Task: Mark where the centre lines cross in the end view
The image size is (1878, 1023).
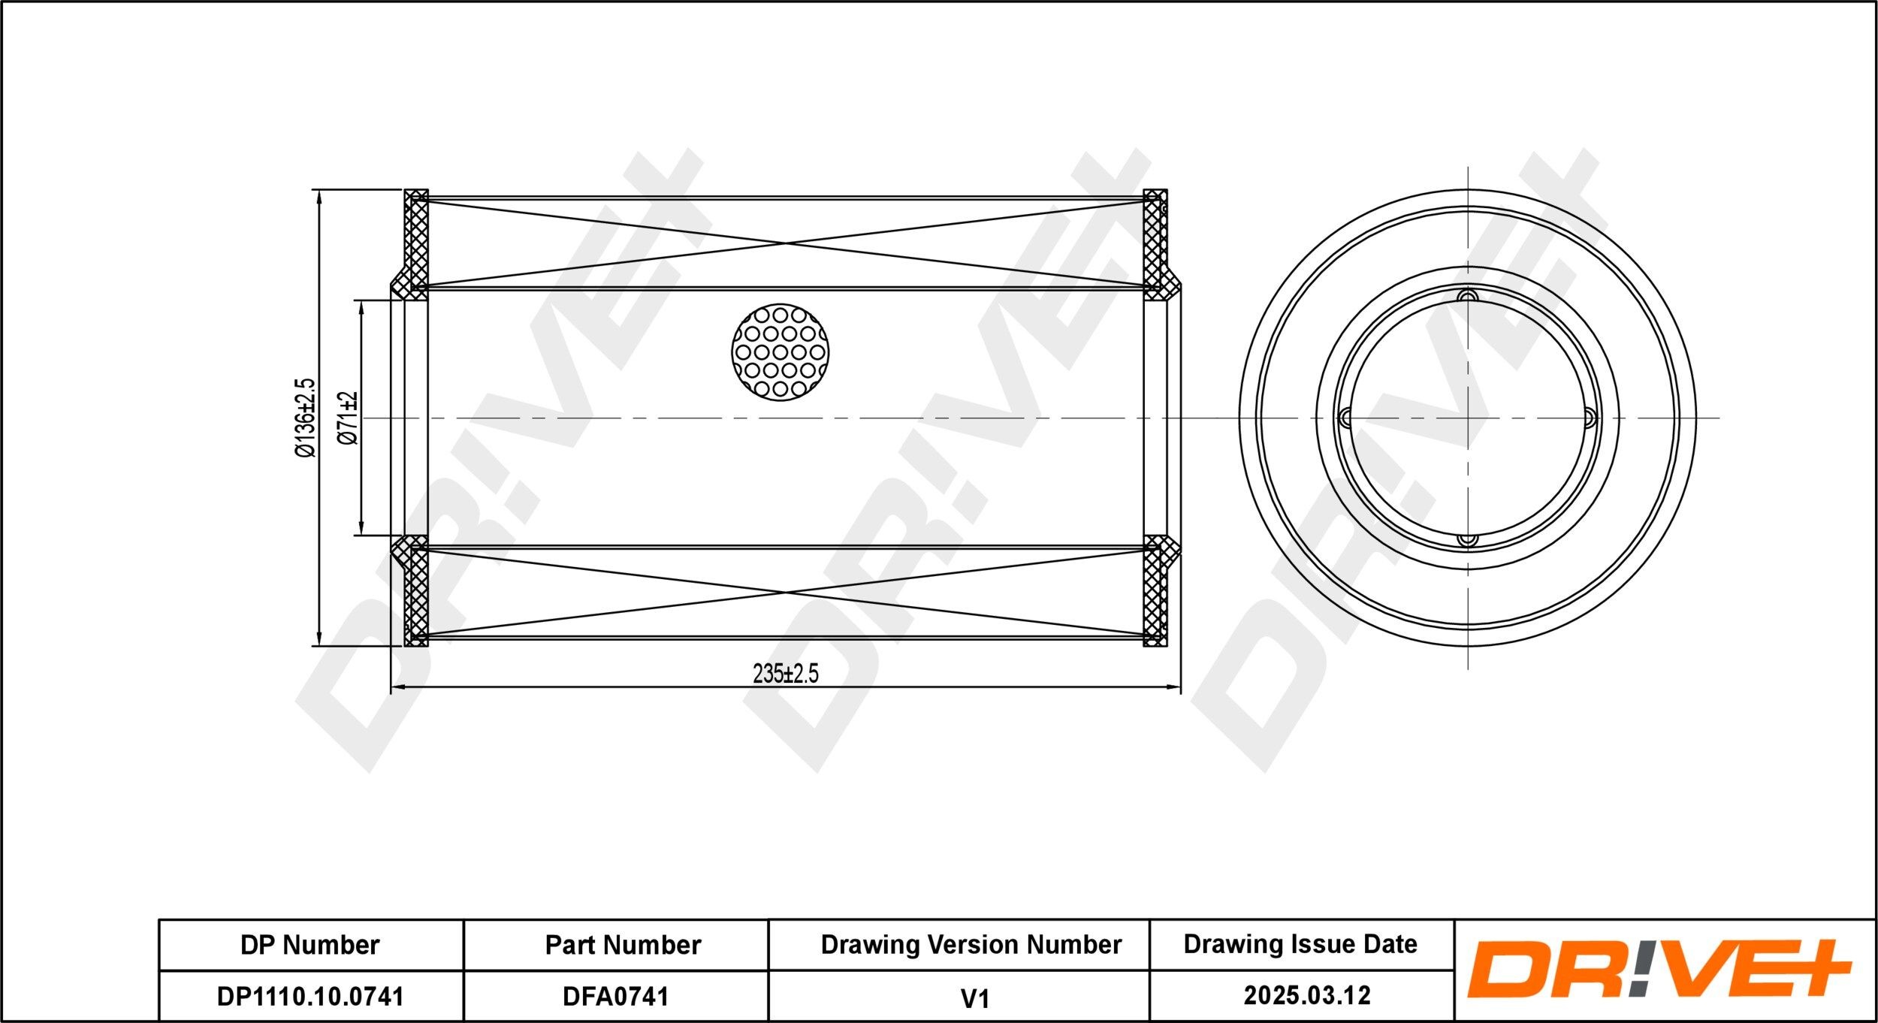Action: point(1467,418)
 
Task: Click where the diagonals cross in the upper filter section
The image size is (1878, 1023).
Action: point(786,243)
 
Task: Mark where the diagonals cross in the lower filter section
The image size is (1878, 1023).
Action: point(786,592)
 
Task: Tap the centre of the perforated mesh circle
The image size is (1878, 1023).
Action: point(780,352)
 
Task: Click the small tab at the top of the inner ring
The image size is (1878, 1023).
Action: point(1467,296)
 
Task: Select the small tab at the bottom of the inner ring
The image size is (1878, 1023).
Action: point(1467,539)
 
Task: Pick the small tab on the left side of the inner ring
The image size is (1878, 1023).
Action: point(1345,418)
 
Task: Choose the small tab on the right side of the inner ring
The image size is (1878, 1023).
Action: point(1590,418)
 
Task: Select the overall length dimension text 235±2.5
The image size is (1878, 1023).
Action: point(786,674)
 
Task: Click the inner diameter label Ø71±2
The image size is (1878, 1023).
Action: point(348,418)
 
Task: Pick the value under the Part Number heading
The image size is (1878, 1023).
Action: point(615,996)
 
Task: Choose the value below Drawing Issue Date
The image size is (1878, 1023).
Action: point(1307,995)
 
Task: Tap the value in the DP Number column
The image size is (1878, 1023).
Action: point(310,996)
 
